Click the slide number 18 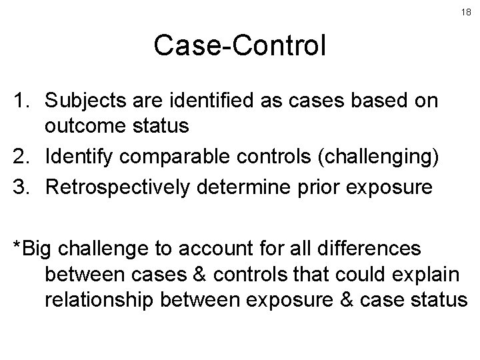click(x=466, y=13)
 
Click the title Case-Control click(x=239, y=46)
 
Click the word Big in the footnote click(x=40, y=249)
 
